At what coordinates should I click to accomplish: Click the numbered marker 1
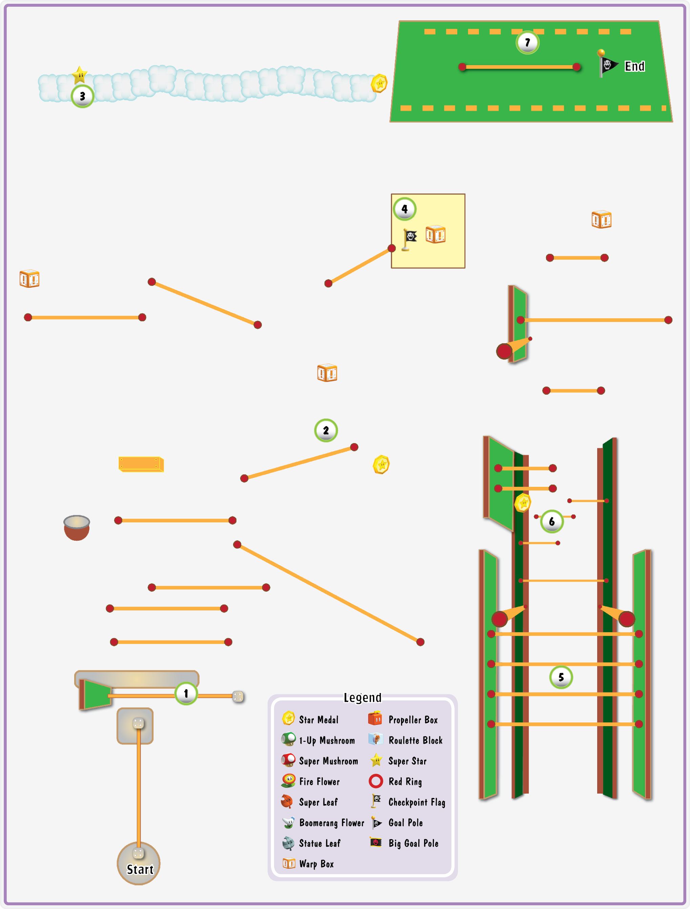click(x=186, y=694)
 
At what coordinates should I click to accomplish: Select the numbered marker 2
click(x=326, y=430)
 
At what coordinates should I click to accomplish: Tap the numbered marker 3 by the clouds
click(x=83, y=96)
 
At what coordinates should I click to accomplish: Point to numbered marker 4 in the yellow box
click(x=405, y=209)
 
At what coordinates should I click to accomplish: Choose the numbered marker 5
click(x=561, y=677)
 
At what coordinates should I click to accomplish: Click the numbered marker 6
click(x=551, y=521)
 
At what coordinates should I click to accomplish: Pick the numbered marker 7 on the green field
click(x=527, y=42)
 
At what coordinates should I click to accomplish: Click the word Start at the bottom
click(x=140, y=869)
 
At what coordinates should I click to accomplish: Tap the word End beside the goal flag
click(x=634, y=66)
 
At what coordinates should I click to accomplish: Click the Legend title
click(x=362, y=698)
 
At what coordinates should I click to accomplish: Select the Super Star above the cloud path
click(x=80, y=75)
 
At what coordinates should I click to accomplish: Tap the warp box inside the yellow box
click(x=436, y=234)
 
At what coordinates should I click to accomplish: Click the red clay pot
click(x=77, y=528)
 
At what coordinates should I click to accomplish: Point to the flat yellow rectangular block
click(x=141, y=464)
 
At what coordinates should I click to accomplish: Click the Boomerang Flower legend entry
click(x=323, y=822)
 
